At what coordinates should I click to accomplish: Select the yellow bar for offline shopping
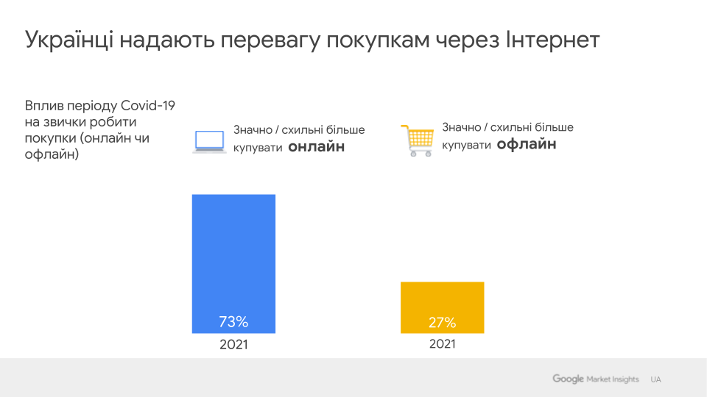coord(442,301)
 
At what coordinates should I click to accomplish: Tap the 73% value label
coord(233,321)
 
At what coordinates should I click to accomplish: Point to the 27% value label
coord(442,322)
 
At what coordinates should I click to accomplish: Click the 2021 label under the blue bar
coord(233,345)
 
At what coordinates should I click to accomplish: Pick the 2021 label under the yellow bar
coord(443,344)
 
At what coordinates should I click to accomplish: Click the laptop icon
coord(209,141)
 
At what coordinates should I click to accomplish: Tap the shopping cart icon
coord(417,140)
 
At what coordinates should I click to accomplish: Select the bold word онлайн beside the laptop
coord(316,147)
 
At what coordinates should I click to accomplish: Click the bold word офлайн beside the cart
coord(526,144)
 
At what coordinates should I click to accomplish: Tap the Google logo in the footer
coord(568,379)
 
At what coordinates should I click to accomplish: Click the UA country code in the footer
coord(655,379)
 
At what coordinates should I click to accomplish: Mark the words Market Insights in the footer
coord(613,379)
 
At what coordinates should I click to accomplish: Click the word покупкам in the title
coord(386,41)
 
